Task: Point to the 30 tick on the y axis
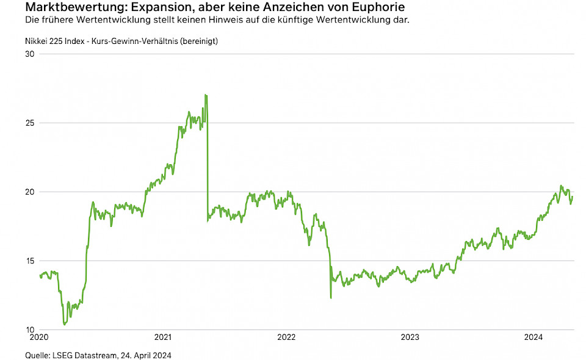point(29,54)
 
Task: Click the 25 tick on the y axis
point(29,123)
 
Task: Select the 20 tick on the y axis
point(29,192)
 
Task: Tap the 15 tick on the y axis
point(29,261)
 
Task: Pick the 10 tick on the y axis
point(29,329)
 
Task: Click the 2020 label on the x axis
point(39,337)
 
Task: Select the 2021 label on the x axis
point(163,337)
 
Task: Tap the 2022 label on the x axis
point(286,337)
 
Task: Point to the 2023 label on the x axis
point(410,337)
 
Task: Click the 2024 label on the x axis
point(534,337)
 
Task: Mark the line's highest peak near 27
point(206,95)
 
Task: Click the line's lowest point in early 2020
point(65,324)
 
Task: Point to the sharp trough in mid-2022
point(331,298)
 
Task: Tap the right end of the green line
point(573,196)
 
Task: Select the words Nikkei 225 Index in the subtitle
point(57,41)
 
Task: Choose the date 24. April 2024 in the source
point(148,355)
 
